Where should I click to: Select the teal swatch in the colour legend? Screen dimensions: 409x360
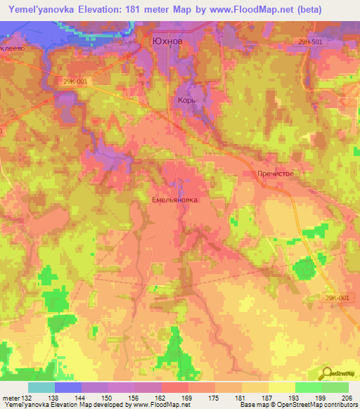pos(41,388)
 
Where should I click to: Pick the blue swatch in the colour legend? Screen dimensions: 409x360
pos(68,388)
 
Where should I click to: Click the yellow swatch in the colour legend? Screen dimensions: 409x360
pos(282,388)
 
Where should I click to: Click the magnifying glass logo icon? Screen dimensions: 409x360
pos(327,373)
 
